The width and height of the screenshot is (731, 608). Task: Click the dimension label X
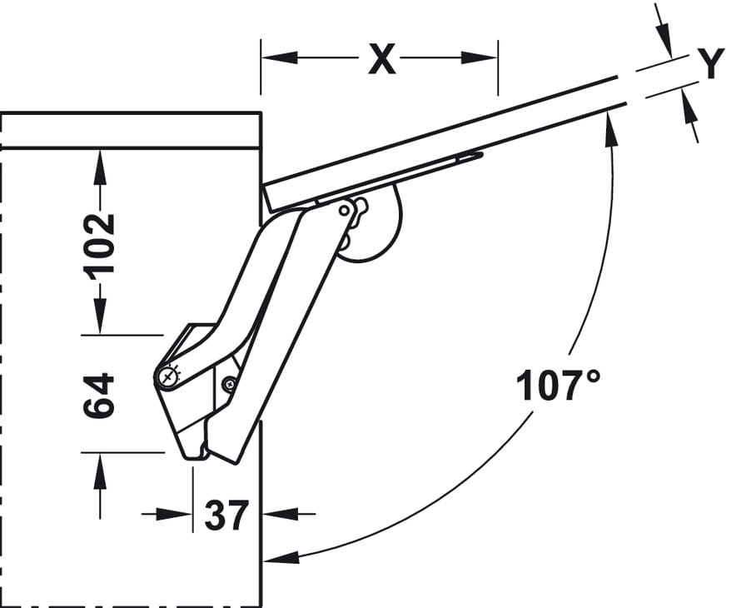click(x=382, y=59)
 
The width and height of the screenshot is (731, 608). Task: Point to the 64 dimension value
click(x=99, y=395)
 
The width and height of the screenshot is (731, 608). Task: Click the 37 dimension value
click(x=226, y=516)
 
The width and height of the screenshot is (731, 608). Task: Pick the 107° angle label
click(x=559, y=385)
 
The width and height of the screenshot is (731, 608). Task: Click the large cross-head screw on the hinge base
click(x=169, y=376)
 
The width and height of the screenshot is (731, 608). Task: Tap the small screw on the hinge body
click(x=229, y=384)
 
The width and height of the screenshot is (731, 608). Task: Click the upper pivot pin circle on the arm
click(x=344, y=211)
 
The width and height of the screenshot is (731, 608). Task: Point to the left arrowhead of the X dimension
click(x=279, y=57)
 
